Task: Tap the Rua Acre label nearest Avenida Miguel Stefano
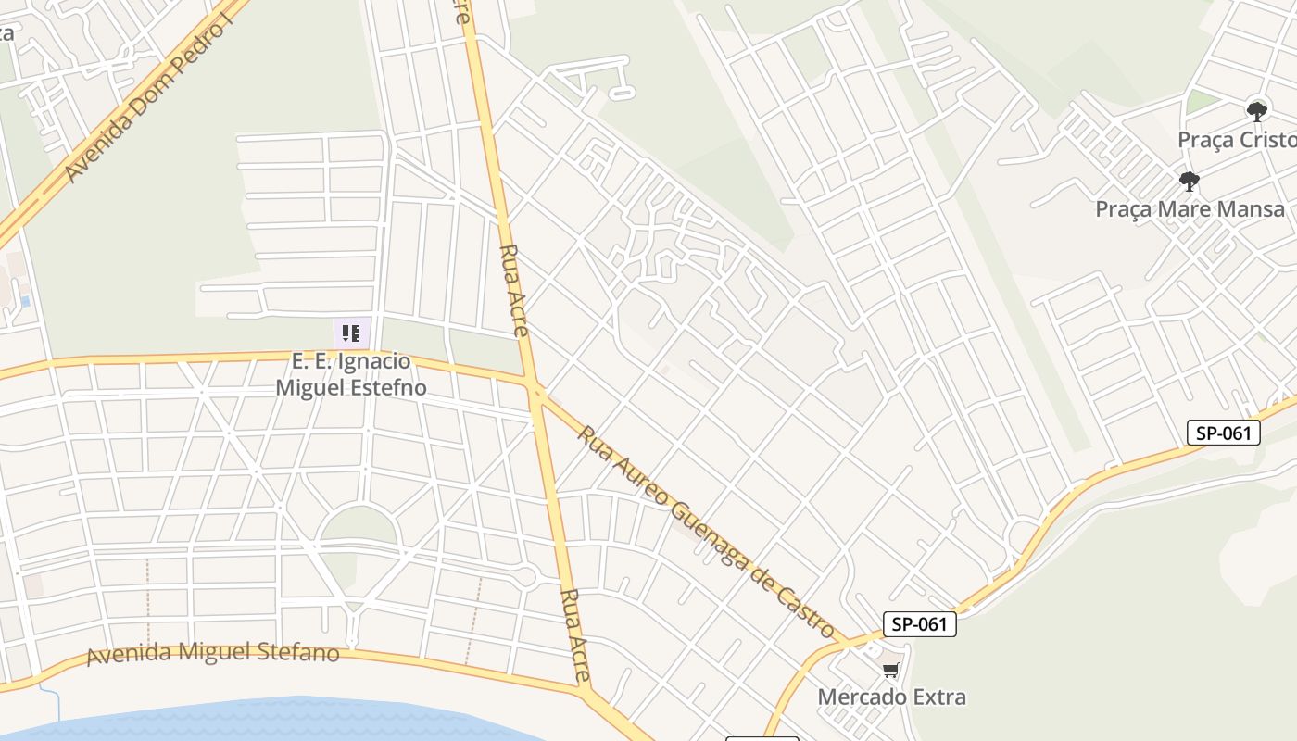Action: point(576,635)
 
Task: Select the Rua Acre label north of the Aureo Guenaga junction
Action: point(514,290)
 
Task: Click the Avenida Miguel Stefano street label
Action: point(213,653)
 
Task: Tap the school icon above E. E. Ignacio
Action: point(351,333)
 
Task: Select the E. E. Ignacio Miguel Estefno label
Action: point(351,374)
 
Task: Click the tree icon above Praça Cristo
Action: point(1256,112)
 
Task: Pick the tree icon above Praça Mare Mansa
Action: point(1190,182)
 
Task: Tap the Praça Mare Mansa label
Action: point(1190,209)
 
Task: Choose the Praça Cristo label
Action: point(1236,140)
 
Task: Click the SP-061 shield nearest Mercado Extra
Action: point(919,624)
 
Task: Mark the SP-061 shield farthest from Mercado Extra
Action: point(1224,433)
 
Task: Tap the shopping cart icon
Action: point(890,670)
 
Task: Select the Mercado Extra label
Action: point(891,697)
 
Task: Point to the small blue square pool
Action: point(25,301)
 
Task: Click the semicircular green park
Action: point(358,525)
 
